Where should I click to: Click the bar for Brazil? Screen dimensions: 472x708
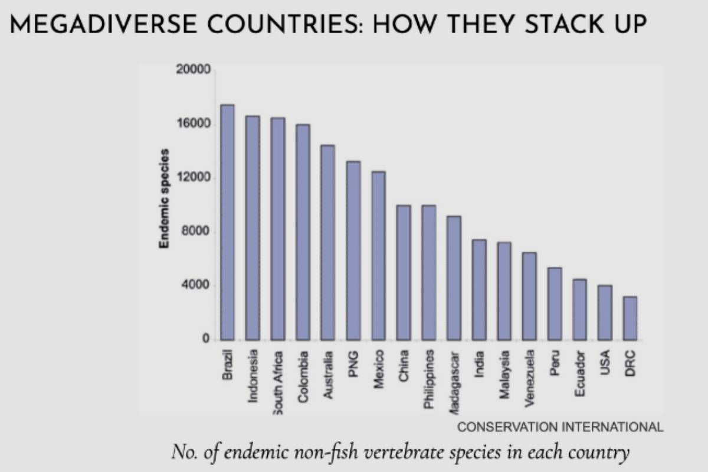point(227,222)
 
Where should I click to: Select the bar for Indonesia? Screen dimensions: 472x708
point(253,228)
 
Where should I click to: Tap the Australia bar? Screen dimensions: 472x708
point(327,242)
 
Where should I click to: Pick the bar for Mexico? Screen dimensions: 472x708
point(378,255)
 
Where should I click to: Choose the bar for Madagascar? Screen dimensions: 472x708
point(454,278)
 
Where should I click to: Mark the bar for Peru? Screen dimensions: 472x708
point(555,304)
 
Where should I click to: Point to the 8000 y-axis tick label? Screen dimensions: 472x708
point(196,232)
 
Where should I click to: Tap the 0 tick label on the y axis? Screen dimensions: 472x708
point(205,340)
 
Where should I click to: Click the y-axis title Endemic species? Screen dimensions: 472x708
point(165,198)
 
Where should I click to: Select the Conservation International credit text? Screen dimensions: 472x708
point(560,427)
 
